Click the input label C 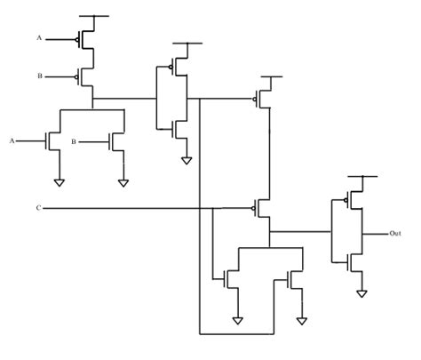(38, 208)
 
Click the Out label (395, 233)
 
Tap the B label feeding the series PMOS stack (39, 76)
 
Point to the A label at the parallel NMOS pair (12, 140)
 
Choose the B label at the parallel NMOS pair (74, 140)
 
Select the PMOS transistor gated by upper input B (87, 76)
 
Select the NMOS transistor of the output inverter (354, 260)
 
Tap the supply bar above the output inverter (360, 179)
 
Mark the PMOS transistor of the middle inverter (179, 68)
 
